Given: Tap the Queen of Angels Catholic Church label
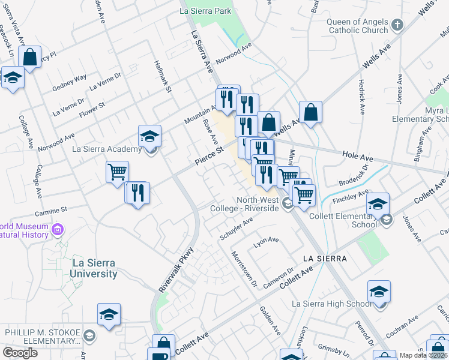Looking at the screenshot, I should pyautogui.click(x=357, y=26).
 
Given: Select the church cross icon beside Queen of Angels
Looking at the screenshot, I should pyautogui.click(x=397, y=25).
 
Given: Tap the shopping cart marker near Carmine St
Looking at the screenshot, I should pyautogui.click(x=117, y=172).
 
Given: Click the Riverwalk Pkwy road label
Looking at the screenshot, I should pyautogui.click(x=176, y=271).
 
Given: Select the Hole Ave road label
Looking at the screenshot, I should pyautogui.click(x=358, y=156).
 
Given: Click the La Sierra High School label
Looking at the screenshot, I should pyautogui.click(x=331, y=304).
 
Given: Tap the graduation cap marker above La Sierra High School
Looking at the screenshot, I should pyautogui.click(x=379, y=292).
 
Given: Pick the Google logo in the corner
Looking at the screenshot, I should pyautogui.click(x=20, y=353).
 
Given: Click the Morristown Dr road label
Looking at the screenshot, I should pyautogui.click(x=244, y=268).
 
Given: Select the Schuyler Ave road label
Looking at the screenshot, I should pyautogui.click(x=236, y=229).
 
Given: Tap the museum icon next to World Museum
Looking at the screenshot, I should pyautogui.click(x=58, y=229).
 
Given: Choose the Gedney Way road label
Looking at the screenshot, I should pyautogui.click(x=70, y=82).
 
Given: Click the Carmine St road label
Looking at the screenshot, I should pyautogui.click(x=50, y=211).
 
